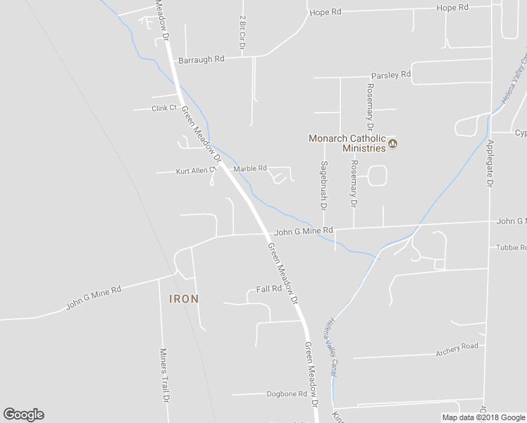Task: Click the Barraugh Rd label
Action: point(201,59)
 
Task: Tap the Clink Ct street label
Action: point(163,108)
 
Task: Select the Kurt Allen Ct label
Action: point(194,171)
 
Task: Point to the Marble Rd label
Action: point(250,168)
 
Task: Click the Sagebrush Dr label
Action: point(324,185)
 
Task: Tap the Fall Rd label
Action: point(269,289)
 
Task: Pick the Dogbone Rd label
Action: point(287,394)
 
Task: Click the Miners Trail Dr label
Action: point(164,374)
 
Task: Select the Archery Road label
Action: point(457,346)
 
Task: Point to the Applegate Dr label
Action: point(490,161)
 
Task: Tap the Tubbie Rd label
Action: point(511,247)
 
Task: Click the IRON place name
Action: point(184,299)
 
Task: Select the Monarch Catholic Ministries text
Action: point(347,143)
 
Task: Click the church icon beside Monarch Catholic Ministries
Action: point(393,144)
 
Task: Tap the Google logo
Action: point(23,415)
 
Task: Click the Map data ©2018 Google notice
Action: point(483,417)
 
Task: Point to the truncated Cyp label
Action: point(520,133)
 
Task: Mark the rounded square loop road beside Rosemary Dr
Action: point(378,176)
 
